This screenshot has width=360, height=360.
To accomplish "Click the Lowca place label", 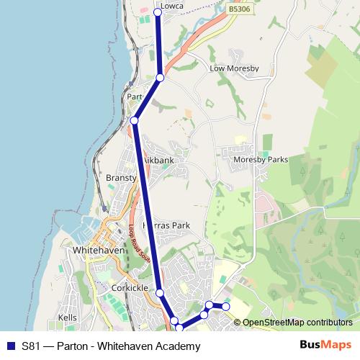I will [173, 6].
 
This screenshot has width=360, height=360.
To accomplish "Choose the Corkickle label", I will [130, 287].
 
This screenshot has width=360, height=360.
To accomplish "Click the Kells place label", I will [67, 318].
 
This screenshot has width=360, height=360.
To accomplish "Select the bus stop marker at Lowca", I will [158, 12].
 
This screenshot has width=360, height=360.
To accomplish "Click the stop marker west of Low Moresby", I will [160, 77].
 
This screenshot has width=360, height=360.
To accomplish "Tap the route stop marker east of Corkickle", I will [160, 293].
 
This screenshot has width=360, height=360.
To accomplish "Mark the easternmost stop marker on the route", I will [225, 307].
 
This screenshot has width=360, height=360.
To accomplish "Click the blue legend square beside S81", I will [10, 346].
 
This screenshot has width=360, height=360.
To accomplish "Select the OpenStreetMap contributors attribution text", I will [297, 323].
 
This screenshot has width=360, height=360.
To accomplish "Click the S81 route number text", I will [30, 346].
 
